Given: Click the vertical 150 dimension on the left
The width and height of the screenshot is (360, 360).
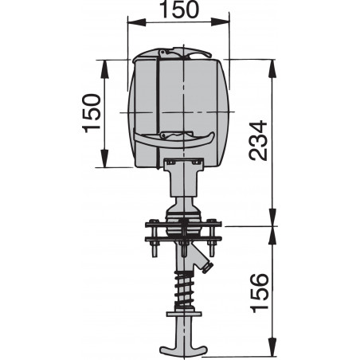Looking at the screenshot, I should click(92, 113).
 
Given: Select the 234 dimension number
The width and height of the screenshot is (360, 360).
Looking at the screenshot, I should click(260, 140).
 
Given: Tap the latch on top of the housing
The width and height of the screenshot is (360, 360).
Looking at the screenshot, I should click(188, 53).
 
